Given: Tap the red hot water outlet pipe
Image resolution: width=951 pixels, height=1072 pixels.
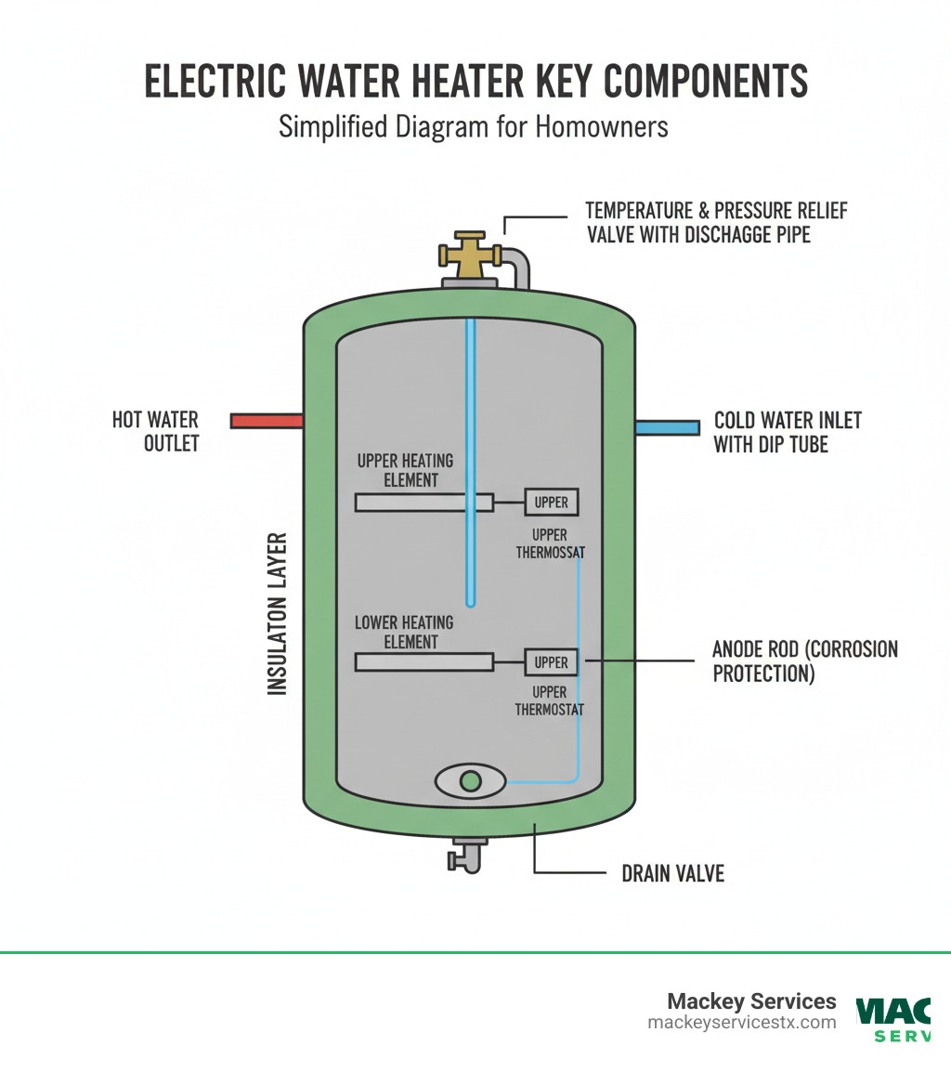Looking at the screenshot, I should [x=267, y=421].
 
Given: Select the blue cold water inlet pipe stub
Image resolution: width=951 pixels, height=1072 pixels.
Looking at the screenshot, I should [x=667, y=427].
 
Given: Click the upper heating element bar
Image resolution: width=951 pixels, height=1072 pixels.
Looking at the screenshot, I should [x=423, y=503].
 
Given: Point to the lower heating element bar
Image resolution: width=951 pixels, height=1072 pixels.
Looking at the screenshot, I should [x=423, y=661].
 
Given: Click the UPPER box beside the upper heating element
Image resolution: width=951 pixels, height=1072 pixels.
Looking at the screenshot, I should [x=552, y=503].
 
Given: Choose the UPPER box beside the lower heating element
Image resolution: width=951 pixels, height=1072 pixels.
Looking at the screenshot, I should [x=552, y=662].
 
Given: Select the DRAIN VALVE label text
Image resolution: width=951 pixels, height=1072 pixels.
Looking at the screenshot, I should [x=672, y=874].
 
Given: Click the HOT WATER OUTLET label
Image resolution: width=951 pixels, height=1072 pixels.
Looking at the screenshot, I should [x=155, y=432].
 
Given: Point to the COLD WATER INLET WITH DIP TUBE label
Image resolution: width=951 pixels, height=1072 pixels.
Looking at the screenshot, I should [x=788, y=432].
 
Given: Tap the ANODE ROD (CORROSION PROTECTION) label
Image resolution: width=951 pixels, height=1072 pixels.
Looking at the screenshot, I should [x=804, y=660].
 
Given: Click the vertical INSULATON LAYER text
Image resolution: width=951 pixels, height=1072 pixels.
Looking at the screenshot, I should [x=277, y=614].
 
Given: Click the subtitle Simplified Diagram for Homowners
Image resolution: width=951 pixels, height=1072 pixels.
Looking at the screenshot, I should [x=474, y=127].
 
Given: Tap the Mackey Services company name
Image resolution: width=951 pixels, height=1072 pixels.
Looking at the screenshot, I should [x=751, y=1001].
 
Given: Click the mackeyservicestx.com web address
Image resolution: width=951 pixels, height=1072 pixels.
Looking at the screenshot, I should [x=741, y=1023].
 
